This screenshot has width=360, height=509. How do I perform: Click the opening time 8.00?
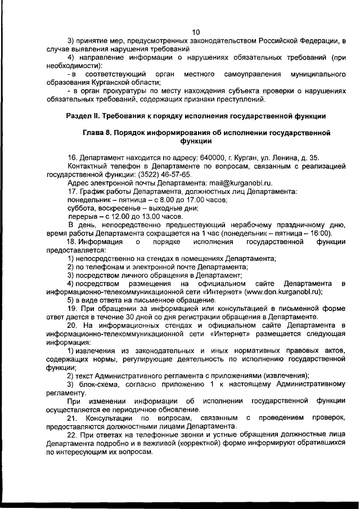(x=161, y=200)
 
